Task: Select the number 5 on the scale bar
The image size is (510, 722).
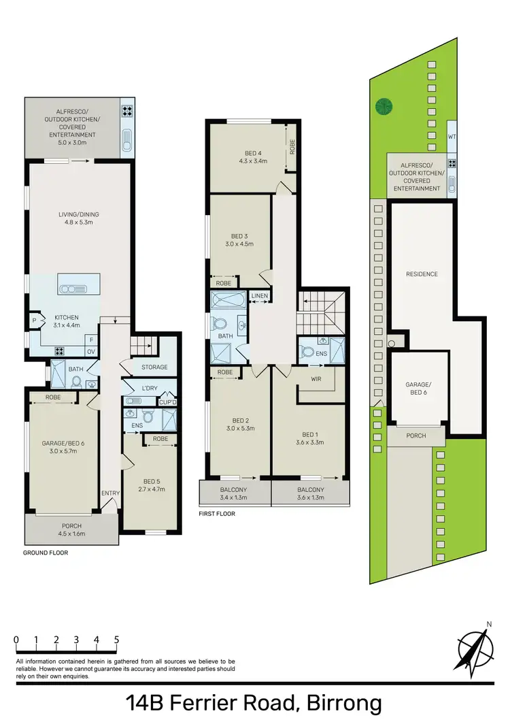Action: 117,640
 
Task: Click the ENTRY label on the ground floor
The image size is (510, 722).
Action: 110,493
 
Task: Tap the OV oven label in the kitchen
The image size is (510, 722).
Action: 90,351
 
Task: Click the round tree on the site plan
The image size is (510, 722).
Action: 384,106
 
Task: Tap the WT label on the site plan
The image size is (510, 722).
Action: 452,137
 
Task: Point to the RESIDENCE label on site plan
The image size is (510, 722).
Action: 422,274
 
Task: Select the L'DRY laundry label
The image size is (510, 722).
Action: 148,389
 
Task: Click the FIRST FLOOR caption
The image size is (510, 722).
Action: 217,514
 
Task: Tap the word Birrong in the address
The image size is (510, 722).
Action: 346,703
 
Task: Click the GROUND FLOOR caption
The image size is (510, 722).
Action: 46,553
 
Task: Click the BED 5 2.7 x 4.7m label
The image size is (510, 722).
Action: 152,485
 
